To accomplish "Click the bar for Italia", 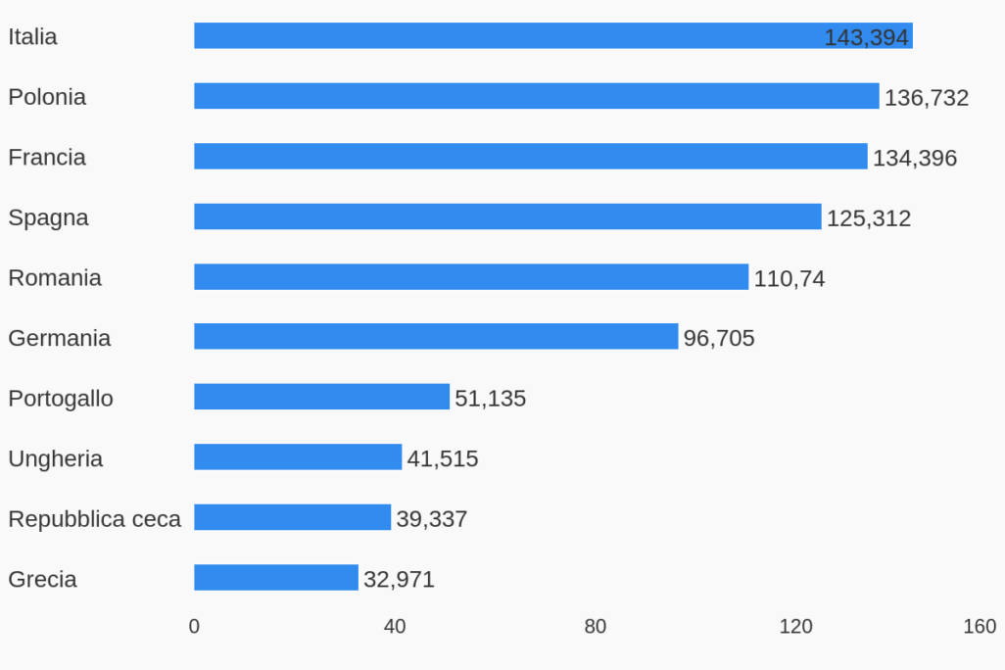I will click(509, 36).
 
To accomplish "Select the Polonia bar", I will click(536, 96).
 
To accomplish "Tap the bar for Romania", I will click(470, 277).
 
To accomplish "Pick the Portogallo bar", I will click(321, 398).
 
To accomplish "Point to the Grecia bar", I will click(275, 578).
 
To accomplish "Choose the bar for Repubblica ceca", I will click(292, 517).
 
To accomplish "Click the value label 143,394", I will click(867, 37).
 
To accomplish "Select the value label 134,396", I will click(915, 158).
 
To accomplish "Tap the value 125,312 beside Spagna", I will click(869, 218).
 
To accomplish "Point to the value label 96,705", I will click(719, 339).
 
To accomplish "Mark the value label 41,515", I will click(443, 458).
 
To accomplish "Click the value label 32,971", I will click(399, 579).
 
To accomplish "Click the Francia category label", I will click(47, 157).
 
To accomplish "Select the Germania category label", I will click(60, 338).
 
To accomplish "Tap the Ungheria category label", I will click(56, 458).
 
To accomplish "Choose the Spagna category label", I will click(48, 217).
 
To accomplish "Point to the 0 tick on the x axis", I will click(194, 627).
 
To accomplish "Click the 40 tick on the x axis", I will click(395, 627).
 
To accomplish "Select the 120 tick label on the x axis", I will click(795, 627).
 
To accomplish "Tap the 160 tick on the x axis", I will click(980, 627).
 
